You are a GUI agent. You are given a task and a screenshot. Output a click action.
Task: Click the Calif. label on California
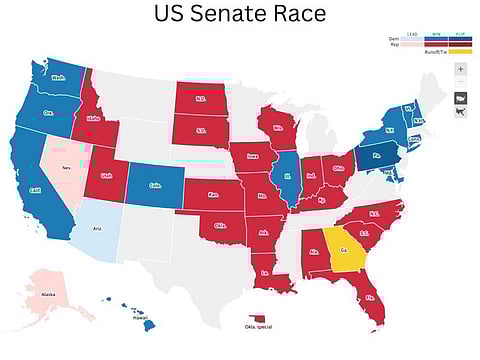point(35,189)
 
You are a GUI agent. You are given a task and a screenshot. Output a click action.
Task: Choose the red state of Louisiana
point(267,272)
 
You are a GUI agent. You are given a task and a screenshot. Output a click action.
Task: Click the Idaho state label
point(96,118)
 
